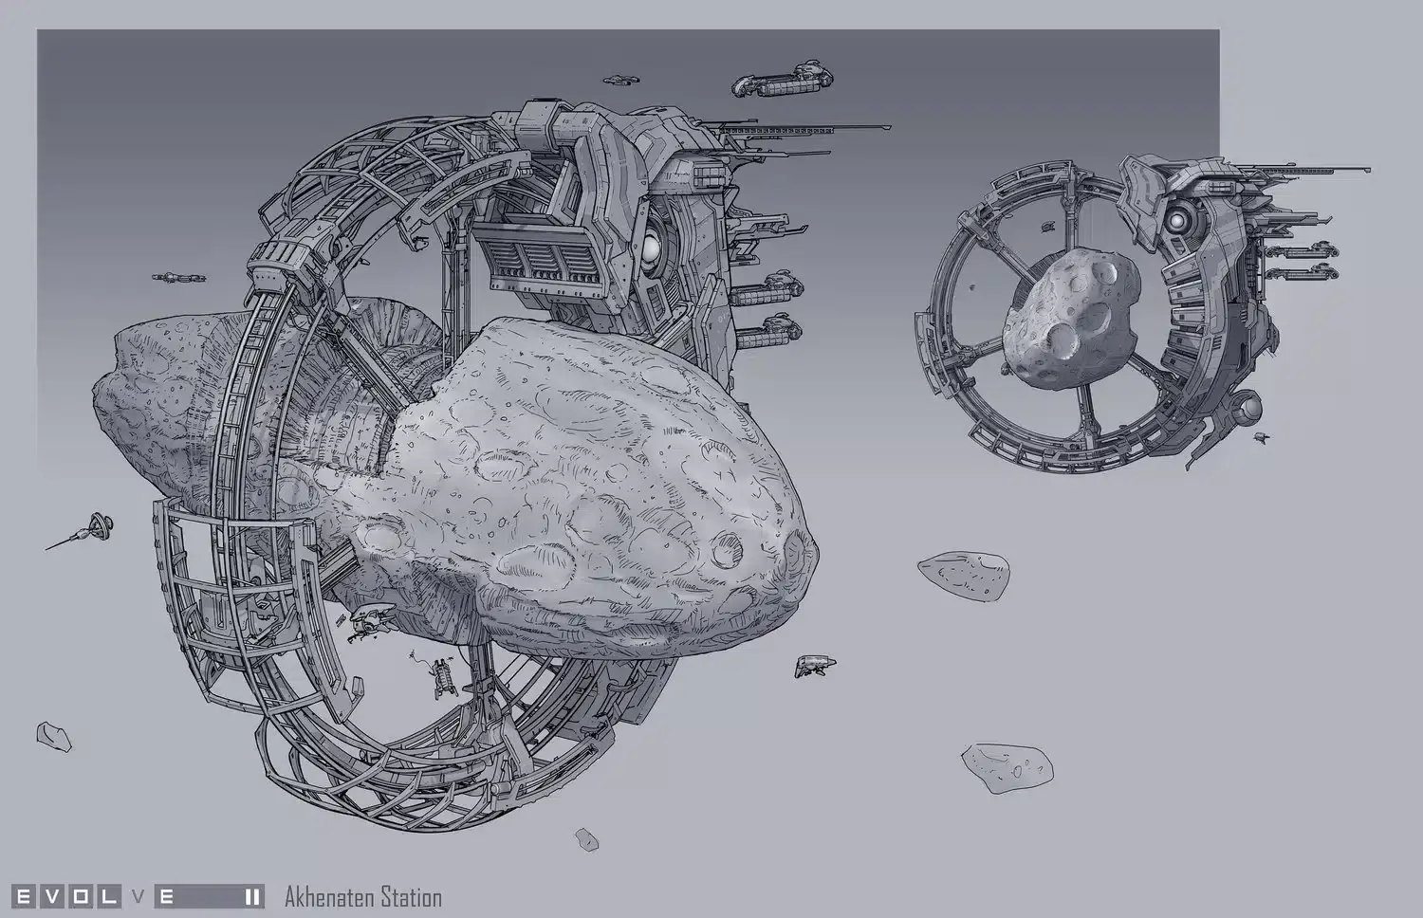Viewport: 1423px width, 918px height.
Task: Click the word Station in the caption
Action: [x=411, y=897]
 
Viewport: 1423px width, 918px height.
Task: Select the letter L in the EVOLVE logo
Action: [x=109, y=897]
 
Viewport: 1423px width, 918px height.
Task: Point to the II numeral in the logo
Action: [x=252, y=897]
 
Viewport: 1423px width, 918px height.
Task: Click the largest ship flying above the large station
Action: [x=783, y=80]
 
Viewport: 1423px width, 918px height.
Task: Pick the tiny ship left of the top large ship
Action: [x=620, y=80]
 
